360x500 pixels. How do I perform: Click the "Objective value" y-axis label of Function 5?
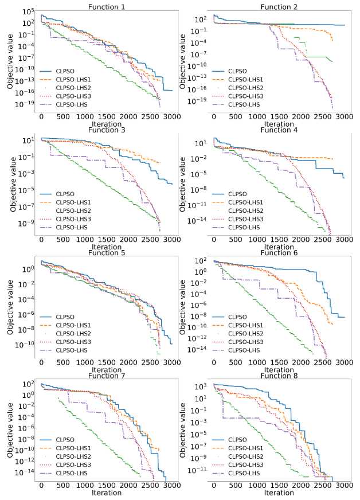[11, 306]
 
